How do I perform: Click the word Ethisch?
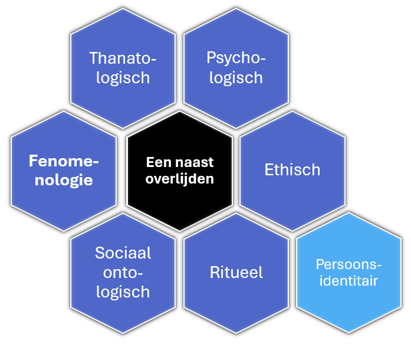tap(292, 170)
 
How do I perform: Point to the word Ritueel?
tap(236, 273)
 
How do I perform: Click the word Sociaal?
tap(123, 253)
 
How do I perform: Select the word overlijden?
tap(180, 178)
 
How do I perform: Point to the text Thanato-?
tap(123, 58)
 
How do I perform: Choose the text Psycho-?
tap(236, 58)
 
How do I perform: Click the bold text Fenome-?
tap(64, 161)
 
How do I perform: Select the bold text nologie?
tap(64, 180)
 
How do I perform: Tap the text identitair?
tap(348, 281)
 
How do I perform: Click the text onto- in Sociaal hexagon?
tap(123, 273)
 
